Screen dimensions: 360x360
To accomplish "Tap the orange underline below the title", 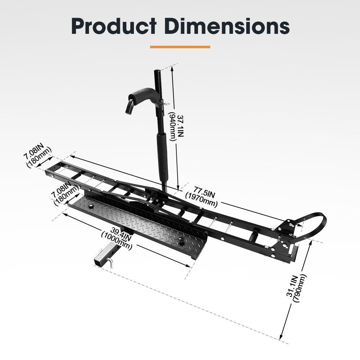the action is click(x=180, y=47).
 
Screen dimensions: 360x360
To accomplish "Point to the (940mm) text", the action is click(x=173, y=126).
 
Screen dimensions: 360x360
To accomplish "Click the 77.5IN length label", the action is click(x=204, y=192).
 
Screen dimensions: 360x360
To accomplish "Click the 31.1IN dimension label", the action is click(x=292, y=286).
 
